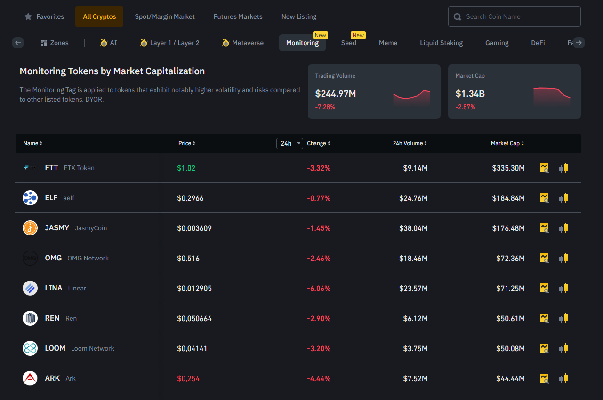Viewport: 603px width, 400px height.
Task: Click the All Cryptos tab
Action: [99, 16]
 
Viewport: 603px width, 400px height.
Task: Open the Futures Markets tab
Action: [238, 16]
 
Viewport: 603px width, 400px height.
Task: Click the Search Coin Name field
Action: [514, 16]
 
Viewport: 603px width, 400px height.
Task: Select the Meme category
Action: [388, 43]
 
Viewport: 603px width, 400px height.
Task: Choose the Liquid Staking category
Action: [441, 43]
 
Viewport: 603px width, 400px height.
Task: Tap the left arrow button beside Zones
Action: [18, 43]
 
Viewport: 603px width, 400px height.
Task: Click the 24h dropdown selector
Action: [289, 143]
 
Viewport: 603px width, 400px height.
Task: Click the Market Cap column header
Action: [507, 143]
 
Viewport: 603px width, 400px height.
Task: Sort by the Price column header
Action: [186, 143]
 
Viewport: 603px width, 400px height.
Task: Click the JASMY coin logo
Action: [30, 228]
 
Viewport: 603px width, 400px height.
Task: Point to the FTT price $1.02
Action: [186, 168]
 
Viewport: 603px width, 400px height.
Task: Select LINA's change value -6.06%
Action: [319, 289]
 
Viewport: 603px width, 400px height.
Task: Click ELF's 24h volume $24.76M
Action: [413, 198]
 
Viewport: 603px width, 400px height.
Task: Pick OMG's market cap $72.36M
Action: [510, 259]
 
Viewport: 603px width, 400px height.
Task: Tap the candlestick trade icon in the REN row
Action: [563, 318]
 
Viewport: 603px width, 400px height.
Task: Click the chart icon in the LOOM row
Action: [544, 348]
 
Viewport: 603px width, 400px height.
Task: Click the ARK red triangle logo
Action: [30, 378]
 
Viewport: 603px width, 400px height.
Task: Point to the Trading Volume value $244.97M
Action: [336, 94]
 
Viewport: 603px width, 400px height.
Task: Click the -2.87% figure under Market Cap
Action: [465, 107]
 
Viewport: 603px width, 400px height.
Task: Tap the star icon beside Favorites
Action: [28, 16]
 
